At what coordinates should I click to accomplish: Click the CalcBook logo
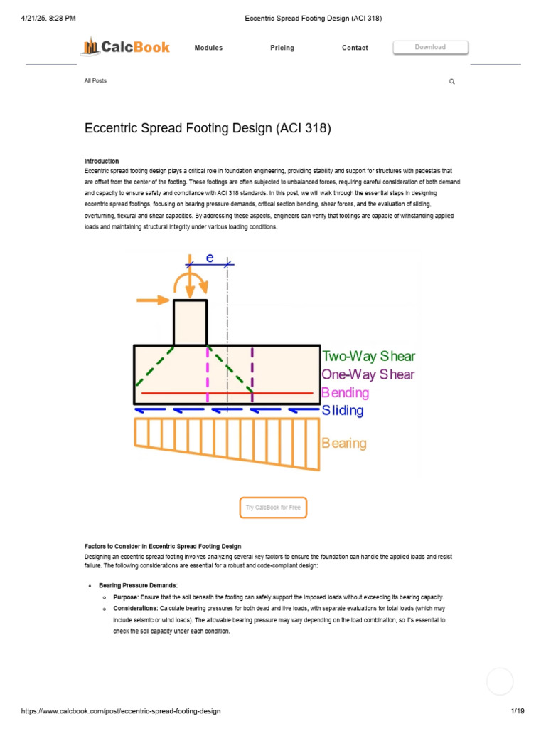coord(125,48)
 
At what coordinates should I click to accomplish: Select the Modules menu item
coord(208,48)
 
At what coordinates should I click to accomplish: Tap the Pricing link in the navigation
coord(282,48)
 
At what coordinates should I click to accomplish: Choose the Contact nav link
coord(355,48)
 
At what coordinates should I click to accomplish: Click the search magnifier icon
coord(451,82)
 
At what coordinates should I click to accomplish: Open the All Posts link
coord(95,80)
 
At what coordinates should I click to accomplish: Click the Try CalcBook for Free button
coord(273,508)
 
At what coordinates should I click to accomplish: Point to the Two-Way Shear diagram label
coord(368,356)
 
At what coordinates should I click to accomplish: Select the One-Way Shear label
coord(368,374)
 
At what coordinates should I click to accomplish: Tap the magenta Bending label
coord(345,392)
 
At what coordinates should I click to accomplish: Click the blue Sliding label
coord(343,410)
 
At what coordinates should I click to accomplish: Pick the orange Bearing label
coord(344,444)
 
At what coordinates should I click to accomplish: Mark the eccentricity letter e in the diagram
coord(210,258)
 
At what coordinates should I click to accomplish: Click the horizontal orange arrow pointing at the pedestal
coord(154,300)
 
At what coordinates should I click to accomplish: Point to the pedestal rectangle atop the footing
coord(191,322)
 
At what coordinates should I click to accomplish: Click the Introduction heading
coord(102,161)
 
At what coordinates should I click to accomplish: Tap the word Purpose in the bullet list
coord(126,597)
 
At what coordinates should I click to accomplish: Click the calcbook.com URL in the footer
coord(121,711)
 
